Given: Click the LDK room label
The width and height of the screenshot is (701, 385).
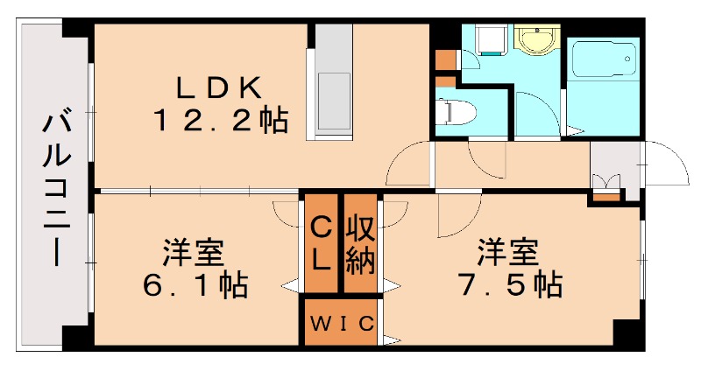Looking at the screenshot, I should click(219, 87).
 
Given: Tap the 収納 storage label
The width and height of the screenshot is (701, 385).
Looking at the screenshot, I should click(359, 244).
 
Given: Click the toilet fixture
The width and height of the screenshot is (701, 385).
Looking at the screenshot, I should click(456, 112).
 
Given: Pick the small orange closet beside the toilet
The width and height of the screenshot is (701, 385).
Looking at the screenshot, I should click(445, 60).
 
